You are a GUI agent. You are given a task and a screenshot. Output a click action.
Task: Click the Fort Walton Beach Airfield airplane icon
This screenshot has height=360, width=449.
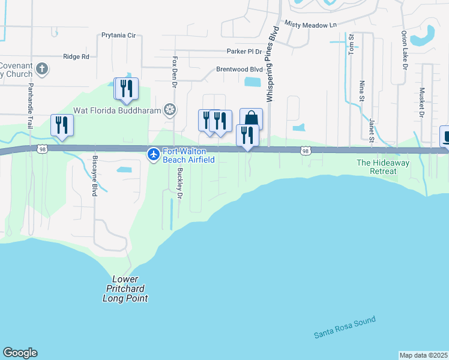click(154, 155)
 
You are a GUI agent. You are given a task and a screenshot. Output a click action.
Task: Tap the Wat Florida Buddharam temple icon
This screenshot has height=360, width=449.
click(170, 109)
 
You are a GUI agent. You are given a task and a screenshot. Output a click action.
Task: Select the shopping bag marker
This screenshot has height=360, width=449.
click(251, 119)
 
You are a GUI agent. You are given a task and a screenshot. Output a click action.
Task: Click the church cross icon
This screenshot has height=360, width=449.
click(41, 68)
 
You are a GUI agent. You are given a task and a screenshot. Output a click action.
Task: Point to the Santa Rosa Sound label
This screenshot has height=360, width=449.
click(345, 328)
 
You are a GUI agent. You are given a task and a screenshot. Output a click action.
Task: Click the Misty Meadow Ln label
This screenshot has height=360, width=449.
click(311, 25)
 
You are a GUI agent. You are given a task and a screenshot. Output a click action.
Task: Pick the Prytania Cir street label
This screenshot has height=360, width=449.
click(119, 35)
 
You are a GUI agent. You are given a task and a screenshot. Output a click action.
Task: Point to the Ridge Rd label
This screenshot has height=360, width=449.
click(76, 56)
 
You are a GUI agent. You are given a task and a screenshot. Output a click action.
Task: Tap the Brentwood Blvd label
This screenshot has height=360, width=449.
click(240, 70)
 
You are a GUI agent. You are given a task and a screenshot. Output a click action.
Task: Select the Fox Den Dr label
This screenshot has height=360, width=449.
click(175, 72)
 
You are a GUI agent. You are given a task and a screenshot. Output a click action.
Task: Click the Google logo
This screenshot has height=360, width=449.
click(20, 353)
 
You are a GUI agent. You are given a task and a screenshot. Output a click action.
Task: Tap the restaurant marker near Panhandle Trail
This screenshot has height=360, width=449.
click(62, 125)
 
